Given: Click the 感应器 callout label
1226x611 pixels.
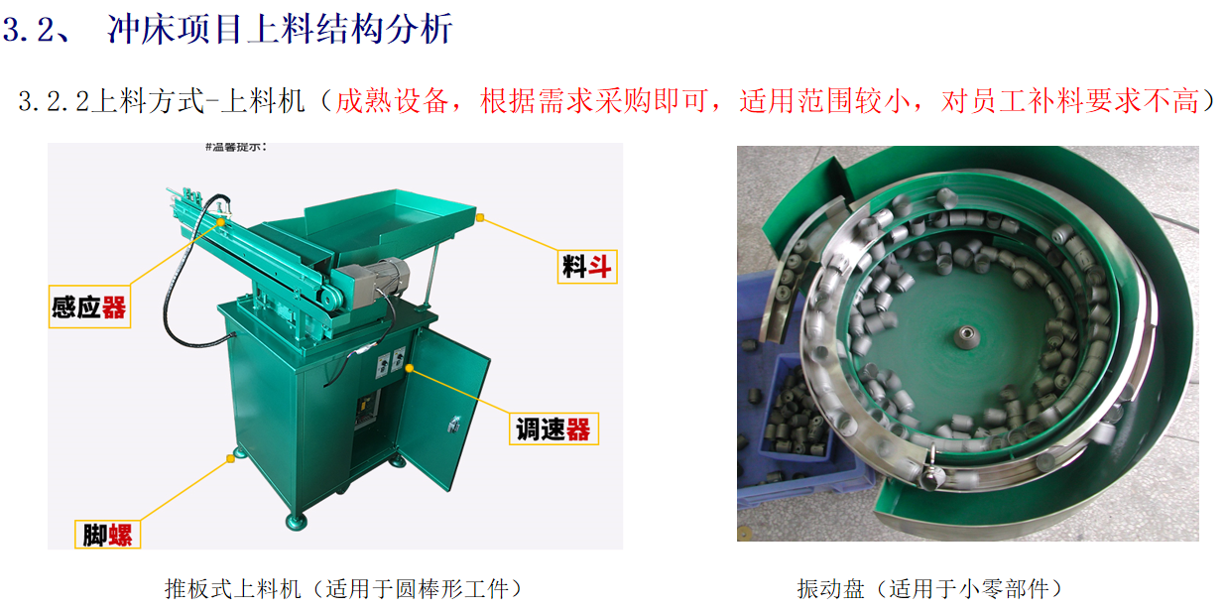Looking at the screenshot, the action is pyautogui.click(x=89, y=306).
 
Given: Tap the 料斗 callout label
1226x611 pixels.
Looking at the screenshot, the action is pyautogui.click(x=587, y=267).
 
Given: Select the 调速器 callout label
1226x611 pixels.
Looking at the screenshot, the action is pyautogui.click(x=553, y=428).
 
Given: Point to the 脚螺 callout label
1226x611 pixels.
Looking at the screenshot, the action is pyautogui.click(x=108, y=535).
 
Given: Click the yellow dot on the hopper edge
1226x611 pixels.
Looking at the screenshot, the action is pyautogui.click(x=480, y=218).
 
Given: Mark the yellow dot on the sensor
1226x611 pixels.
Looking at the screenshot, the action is pyautogui.click(x=220, y=222).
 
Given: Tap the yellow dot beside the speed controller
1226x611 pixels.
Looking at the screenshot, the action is pyautogui.click(x=409, y=368).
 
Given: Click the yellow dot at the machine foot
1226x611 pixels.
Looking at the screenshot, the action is pyautogui.click(x=230, y=459).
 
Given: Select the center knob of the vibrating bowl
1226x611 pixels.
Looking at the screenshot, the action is pyautogui.click(x=967, y=335).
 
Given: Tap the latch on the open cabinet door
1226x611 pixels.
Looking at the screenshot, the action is pyautogui.click(x=453, y=423).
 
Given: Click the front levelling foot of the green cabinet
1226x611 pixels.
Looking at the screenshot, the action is pyautogui.click(x=297, y=521).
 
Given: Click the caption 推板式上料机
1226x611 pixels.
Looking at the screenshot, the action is pyautogui.click(x=232, y=589).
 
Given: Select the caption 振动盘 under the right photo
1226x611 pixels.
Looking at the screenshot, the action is pyautogui.click(x=830, y=589).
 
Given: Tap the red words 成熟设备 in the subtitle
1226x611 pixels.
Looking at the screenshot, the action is pyautogui.click(x=392, y=101).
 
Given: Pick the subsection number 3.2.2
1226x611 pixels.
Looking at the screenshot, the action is pyautogui.click(x=54, y=101).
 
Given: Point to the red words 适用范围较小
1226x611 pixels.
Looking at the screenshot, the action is pyautogui.click(x=825, y=101).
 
